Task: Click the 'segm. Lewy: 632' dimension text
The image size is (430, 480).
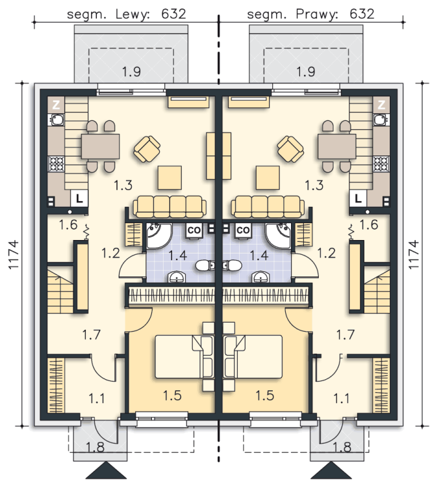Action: pyautogui.click(x=126, y=14)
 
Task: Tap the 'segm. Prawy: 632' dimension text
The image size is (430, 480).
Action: pyautogui.click(x=310, y=14)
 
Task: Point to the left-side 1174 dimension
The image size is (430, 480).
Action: pyautogui.click(x=14, y=255)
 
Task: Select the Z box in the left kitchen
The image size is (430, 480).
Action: pyautogui.click(x=56, y=105)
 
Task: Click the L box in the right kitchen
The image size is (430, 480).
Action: pyautogui.click(x=358, y=198)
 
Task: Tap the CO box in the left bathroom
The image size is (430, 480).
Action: pyautogui.click(x=194, y=230)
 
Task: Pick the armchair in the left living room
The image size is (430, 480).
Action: pyautogui.click(x=147, y=149)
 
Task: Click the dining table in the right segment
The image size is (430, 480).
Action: pyautogui.click(x=336, y=146)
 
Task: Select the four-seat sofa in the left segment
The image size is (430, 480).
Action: pyautogui.click(x=170, y=207)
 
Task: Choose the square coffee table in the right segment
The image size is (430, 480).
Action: pyautogui.click(x=268, y=178)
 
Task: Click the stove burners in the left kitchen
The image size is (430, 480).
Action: pyautogui.click(x=57, y=163)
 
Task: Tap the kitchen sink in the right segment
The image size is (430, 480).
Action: pyautogui.click(x=381, y=119)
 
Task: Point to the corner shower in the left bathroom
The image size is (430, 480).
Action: pyautogui.click(x=159, y=235)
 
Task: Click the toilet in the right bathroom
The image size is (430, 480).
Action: pyautogui.click(x=231, y=266)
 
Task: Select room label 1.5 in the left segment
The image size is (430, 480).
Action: pyautogui.click(x=172, y=395)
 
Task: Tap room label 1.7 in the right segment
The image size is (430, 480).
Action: pyautogui.click(x=346, y=334)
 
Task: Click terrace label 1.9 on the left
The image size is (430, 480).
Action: pyautogui.click(x=131, y=72)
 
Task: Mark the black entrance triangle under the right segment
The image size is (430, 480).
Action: pyautogui.click(x=331, y=470)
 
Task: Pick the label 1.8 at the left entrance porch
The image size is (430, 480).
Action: pyautogui.click(x=95, y=447)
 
